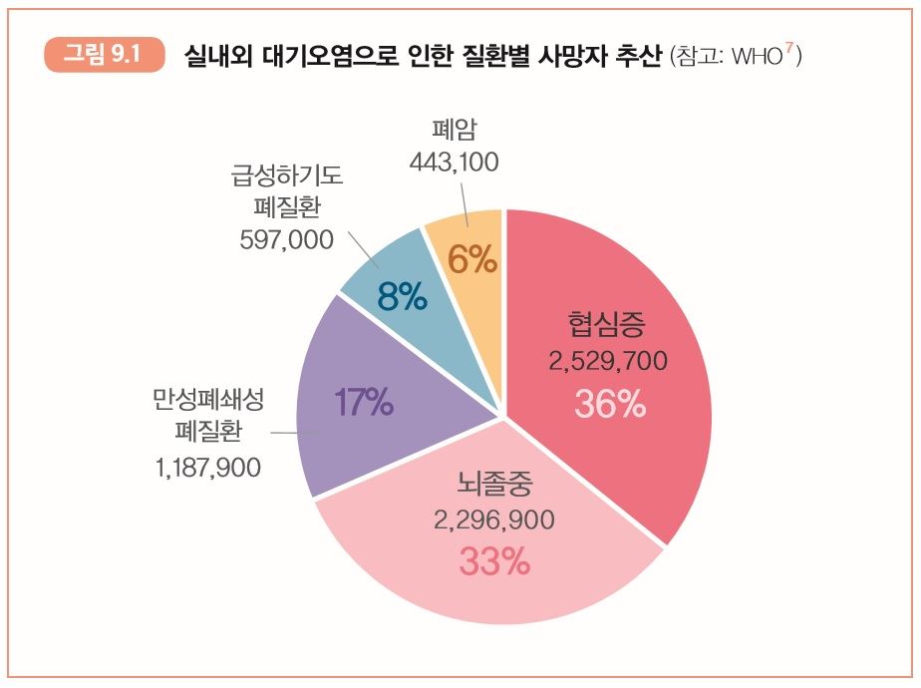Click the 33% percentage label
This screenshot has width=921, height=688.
click(x=494, y=561)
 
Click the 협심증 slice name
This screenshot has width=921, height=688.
click(x=607, y=324)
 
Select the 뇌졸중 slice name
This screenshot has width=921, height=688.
click(x=494, y=485)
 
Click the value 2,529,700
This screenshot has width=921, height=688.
click(x=607, y=361)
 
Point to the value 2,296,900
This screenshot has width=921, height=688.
click(x=494, y=520)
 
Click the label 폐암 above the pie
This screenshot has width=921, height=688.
click(x=454, y=130)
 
